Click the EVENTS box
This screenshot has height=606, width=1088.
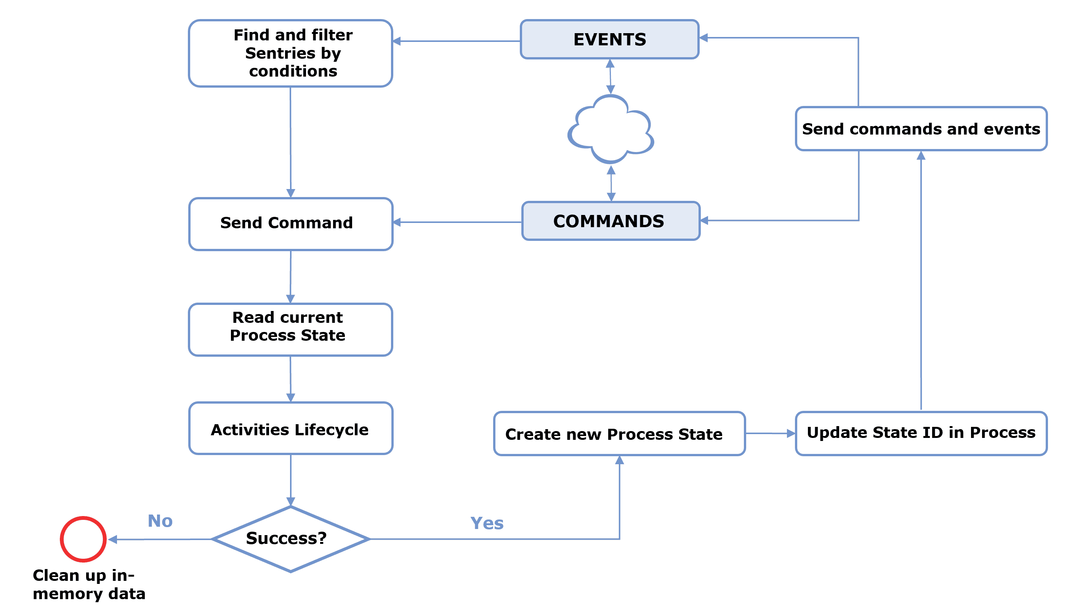pos(609,39)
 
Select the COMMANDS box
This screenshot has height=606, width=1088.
pos(611,221)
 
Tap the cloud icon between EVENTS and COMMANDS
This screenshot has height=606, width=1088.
pos(611,129)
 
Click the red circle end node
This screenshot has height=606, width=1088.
pos(83,539)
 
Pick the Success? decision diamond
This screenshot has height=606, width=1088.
pos(291,539)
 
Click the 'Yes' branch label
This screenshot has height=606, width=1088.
pos(487,523)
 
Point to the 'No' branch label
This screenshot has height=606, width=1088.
pos(160,521)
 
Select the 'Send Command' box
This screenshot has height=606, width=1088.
pos(291,224)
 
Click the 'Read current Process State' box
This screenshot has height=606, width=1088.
pos(291,329)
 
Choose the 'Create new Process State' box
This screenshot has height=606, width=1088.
pos(619,433)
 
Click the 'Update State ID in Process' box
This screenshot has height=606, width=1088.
pos(921,433)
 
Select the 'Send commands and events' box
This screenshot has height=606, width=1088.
pos(921,128)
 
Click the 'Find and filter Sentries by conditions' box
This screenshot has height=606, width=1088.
pos(291,53)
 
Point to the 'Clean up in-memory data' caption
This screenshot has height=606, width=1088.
pos(89,584)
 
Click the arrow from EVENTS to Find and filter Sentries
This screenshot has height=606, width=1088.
pos(457,41)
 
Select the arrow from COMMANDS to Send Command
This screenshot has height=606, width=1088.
pos(457,222)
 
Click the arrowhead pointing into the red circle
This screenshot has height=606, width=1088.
pos(112,539)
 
